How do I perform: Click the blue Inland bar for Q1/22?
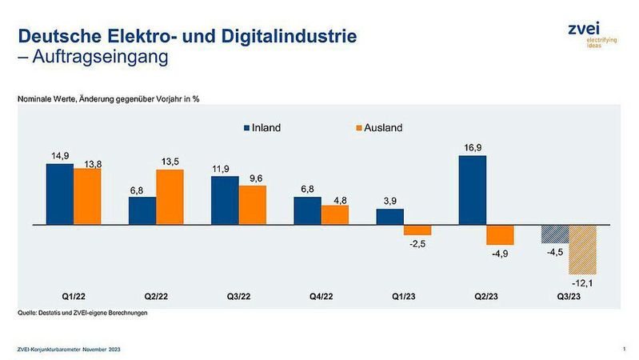tap(60, 194)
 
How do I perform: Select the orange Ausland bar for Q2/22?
tap(170, 198)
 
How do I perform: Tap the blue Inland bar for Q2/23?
tap(472, 190)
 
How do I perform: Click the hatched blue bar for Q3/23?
tap(554, 234)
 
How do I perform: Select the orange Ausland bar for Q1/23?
tap(417, 230)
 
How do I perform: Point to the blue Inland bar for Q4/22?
tap(307, 211)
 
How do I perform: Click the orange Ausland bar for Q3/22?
tap(252, 206)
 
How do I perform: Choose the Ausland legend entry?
tap(378, 128)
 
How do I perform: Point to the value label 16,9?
tap(472, 147)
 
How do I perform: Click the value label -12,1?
tap(581, 283)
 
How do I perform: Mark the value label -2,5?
tap(417, 243)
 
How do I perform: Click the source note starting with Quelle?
tap(83, 313)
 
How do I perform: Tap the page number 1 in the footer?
tap(622, 349)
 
